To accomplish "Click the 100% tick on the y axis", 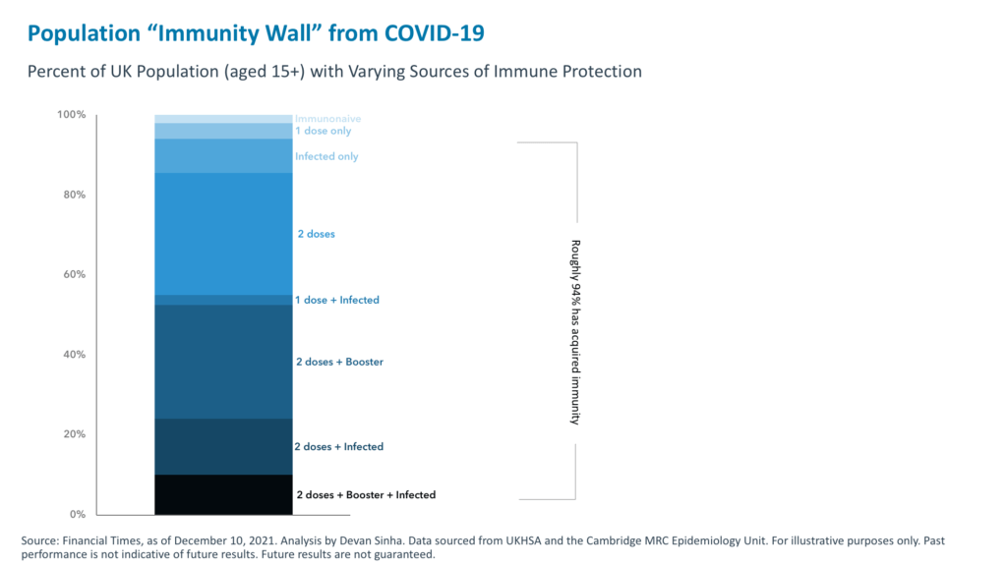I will click(x=72, y=115).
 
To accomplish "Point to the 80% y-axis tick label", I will click(x=75, y=195).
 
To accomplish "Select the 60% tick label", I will click(x=75, y=274).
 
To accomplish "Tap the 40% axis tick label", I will click(x=75, y=355).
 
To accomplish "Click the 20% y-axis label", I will click(x=75, y=434).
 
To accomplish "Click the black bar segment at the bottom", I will click(x=223, y=494).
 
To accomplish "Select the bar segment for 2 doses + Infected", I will click(x=223, y=447).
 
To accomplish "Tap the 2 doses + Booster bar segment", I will click(x=223, y=362).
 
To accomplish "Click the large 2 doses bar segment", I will click(x=223, y=234).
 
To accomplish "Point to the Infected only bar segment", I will click(x=223, y=156).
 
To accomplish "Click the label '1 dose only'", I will click(x=323, y=131).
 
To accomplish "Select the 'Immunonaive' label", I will click(x=328, y=119).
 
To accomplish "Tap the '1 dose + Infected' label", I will click(x=337, y=300).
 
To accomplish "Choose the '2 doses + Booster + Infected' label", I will click(x=365, y=495).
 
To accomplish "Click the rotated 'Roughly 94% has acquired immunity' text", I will click(x=576, y=332).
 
